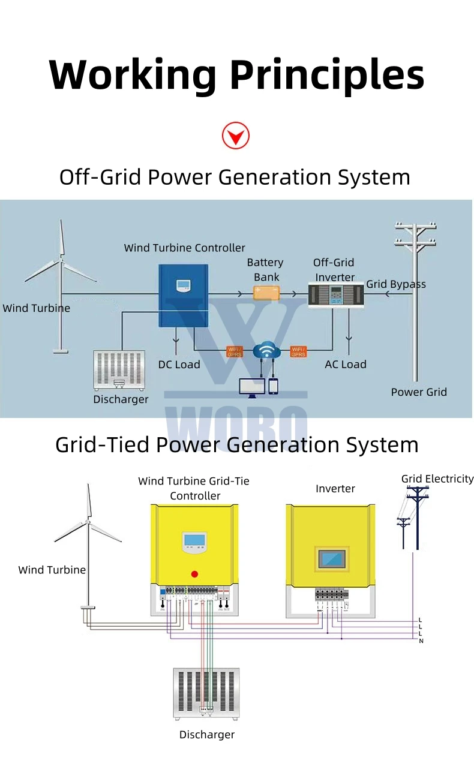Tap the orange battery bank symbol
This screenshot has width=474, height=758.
coord(266,293)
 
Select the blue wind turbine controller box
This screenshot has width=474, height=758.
coord(183,296)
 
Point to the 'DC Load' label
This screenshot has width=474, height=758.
coord(179,365)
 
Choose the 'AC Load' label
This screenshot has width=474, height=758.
coord(345,365)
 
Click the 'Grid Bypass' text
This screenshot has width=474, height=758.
coord(396,284)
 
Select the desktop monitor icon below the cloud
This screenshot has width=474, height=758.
coord(251,387)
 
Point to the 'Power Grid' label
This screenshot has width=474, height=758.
coord(419,392)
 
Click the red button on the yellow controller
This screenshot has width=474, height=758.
coord(194,574)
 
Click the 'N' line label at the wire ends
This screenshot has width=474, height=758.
coord(421,641)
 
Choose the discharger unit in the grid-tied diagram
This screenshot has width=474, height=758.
coord(206,693)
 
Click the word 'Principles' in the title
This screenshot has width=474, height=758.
coord(327,75)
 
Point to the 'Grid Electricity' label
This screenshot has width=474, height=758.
coord(437,479)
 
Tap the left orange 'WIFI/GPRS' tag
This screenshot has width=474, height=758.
coord(234,351)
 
